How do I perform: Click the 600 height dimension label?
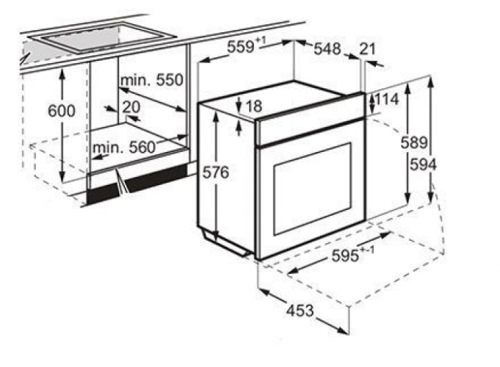[62, 111]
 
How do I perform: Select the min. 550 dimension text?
[152, 80]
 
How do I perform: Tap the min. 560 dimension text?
[124, 148]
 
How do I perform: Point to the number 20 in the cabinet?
[131, 107]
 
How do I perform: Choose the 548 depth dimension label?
[327, 48]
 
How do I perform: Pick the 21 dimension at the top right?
[368, 49]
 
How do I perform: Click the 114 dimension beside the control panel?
[386, 100]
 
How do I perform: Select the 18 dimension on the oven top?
[254, 106]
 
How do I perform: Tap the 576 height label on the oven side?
[216, 172]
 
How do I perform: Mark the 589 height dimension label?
[414, 142]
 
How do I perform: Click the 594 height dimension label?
[423, 165]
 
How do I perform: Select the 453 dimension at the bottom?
[300, 310]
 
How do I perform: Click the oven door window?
[314, 189]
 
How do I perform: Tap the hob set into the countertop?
[102, 37]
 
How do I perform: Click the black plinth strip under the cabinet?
[137, 183]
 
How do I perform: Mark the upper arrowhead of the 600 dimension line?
[62, 73]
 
